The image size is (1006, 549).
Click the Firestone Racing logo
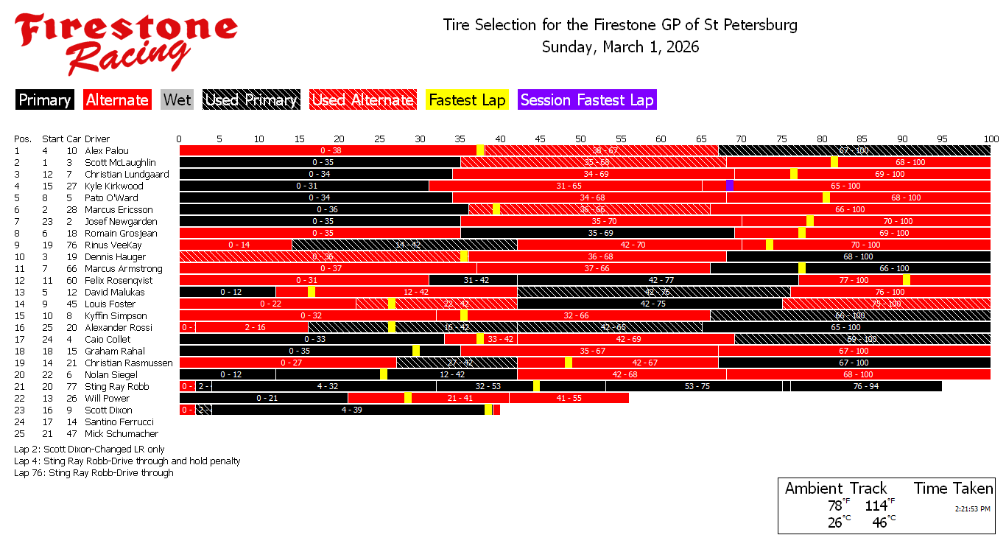125,43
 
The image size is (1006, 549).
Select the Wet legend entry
177,100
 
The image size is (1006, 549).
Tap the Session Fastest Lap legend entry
587,100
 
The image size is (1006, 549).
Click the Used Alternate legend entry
362,100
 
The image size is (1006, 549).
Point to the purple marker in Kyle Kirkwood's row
729,186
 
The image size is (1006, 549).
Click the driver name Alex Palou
107,150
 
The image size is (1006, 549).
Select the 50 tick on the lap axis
580,139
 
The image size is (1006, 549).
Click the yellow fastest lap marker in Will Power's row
408,398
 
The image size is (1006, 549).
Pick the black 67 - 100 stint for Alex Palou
854,150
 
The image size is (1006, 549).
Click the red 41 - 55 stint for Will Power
569,398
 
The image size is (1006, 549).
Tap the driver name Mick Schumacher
122,433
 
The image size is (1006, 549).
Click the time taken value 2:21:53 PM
972,508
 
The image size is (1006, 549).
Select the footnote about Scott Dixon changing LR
89,449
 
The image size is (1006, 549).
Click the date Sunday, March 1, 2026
620,47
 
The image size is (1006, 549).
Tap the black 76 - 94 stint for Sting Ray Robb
866,386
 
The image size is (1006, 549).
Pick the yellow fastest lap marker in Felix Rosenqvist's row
906,280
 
